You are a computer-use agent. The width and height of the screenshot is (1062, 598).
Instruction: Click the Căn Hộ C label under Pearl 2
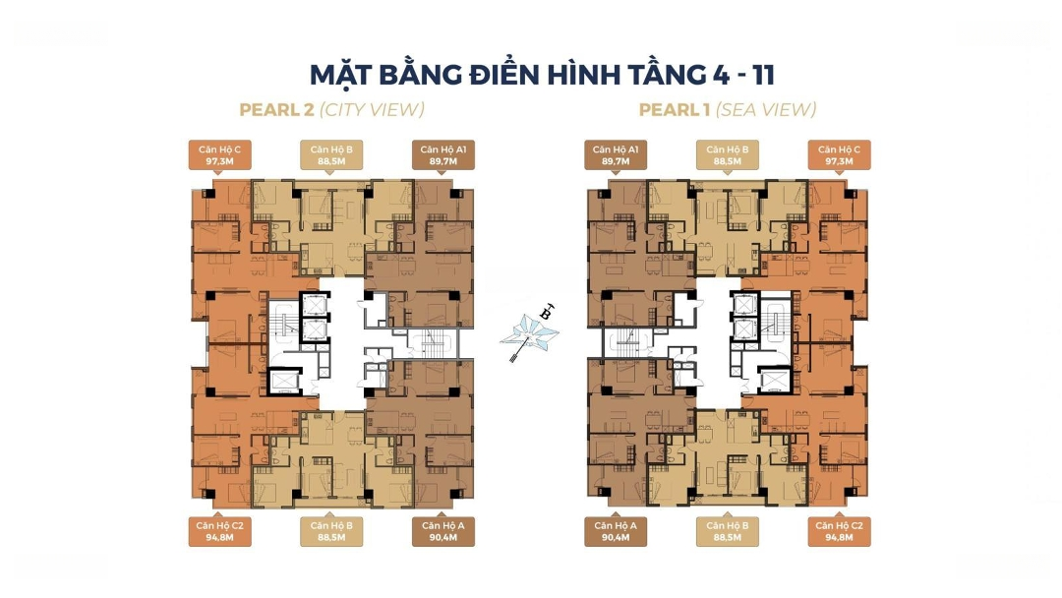219,155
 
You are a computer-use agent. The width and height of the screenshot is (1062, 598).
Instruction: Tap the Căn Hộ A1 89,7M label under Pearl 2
442,155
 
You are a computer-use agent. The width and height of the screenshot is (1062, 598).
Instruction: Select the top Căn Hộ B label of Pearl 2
331,155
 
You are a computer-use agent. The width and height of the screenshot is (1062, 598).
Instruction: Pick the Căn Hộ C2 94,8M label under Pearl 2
219,532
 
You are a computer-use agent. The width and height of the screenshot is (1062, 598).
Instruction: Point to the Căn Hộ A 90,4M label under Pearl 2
442,532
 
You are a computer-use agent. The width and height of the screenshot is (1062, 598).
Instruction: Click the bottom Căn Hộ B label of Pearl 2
331,532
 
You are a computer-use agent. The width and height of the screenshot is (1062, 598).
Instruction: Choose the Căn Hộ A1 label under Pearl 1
616,155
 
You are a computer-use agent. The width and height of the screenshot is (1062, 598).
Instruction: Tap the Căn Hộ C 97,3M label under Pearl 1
839,155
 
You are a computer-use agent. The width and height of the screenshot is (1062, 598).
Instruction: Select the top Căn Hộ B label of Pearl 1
728,155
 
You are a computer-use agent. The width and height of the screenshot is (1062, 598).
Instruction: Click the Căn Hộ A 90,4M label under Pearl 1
616,532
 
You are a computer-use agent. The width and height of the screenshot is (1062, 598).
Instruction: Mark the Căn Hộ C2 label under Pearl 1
839,532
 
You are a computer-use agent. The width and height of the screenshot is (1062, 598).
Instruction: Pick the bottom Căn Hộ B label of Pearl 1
728,532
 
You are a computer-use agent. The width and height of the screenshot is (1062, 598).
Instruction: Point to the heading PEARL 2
277,110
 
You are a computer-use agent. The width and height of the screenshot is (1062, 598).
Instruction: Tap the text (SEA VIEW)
766,110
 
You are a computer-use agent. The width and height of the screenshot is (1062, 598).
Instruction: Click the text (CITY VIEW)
372,110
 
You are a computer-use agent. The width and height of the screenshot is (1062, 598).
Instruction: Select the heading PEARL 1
675,110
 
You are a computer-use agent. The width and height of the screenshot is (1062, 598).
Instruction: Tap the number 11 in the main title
762,75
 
